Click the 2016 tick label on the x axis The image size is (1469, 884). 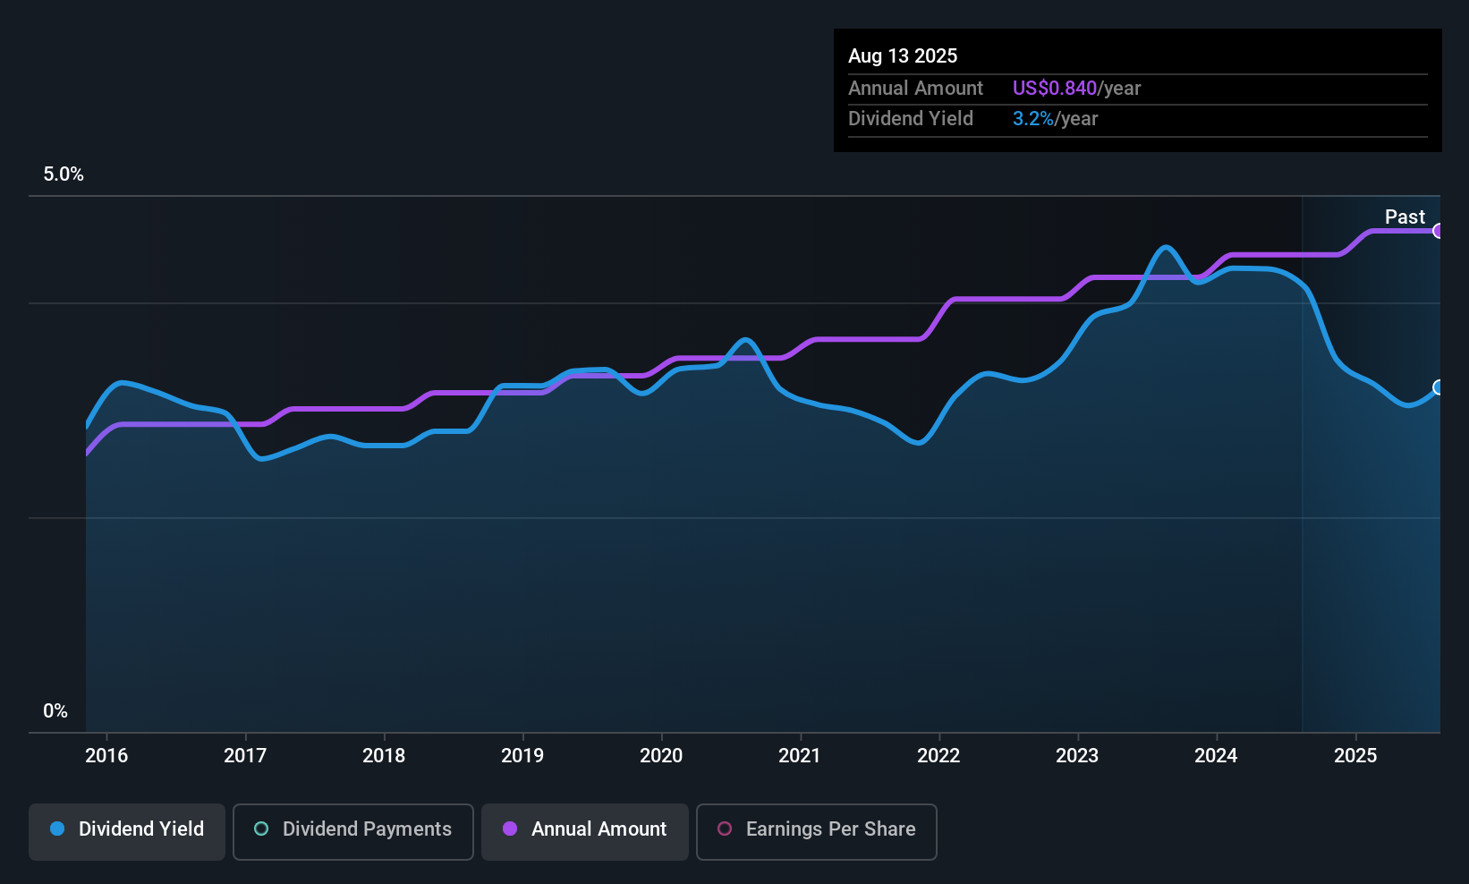(106, 755)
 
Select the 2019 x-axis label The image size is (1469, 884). (522, 755)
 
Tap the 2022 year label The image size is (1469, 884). (938, 755)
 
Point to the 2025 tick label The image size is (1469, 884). (1355, 755)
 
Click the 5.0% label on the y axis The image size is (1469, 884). (64, 174)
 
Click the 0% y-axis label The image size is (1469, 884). (55, 711)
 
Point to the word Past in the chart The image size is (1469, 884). (1405, 217)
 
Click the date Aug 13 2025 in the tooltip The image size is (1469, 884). (903, 55)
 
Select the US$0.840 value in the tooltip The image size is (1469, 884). (1054, 88)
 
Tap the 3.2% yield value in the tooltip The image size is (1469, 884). (1032, 118)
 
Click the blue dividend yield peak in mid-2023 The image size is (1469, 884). (1165, 247)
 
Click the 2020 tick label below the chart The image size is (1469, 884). (661, 755)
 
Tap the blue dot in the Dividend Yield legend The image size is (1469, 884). (57, 829)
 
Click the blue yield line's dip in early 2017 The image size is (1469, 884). (260, 458)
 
